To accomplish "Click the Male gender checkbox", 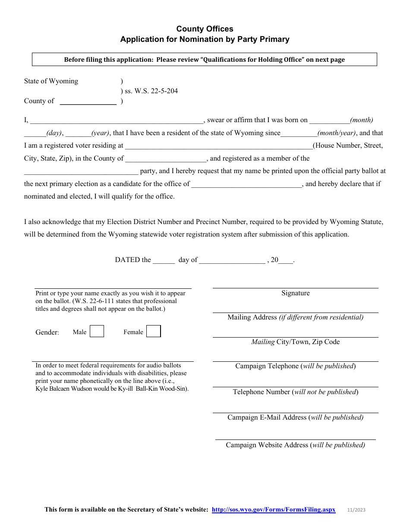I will [97, 331].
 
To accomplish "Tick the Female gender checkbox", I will [153, 331].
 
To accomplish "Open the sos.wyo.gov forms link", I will [273, 509].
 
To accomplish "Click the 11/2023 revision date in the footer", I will [356, 510].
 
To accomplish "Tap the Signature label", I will [295, 293].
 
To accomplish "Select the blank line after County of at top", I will [88, 102].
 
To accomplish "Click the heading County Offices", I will [205, 29].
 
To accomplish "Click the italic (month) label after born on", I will [362, 120].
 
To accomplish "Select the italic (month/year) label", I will [337, 133].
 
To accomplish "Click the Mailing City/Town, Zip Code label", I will [295, 342].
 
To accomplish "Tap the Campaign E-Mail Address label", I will [295, 417].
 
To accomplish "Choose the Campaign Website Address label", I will [295, 445].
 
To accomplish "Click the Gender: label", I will [47, 332].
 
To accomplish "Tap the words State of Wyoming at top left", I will [51, 81].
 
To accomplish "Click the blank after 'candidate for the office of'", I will [247, 184].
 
